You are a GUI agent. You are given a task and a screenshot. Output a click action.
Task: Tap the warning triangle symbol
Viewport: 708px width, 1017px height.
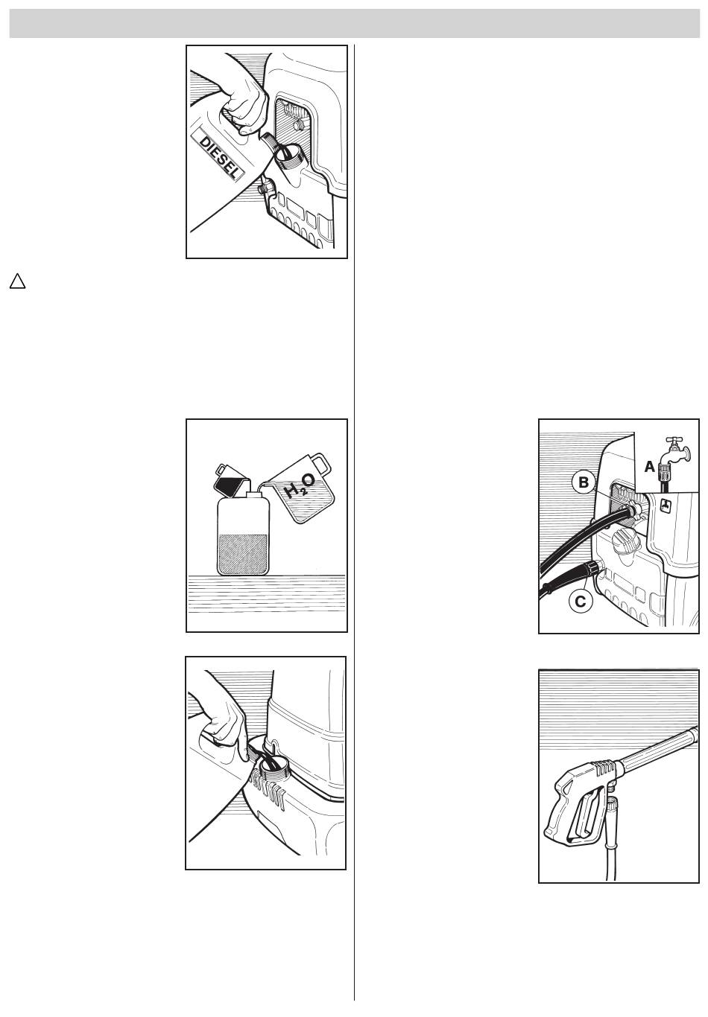coord(17,281)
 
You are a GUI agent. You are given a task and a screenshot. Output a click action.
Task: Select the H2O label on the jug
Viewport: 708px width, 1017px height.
coord(300,485)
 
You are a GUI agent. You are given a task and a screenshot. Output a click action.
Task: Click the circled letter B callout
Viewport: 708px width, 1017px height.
coord(583,482)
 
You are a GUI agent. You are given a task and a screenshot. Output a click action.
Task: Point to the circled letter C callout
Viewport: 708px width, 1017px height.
coord(581,601)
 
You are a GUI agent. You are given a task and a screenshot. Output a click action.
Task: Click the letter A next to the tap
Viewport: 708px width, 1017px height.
coord(649,467)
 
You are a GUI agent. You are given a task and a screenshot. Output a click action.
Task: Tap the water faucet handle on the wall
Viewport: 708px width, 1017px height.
coord(674,441)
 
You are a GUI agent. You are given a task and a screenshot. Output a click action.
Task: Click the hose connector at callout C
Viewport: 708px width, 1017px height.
coord(591,569)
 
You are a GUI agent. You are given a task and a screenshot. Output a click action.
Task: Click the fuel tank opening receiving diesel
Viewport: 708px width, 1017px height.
coord(290,156)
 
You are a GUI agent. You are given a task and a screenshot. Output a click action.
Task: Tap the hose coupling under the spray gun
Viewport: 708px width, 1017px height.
coord(613,806)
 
